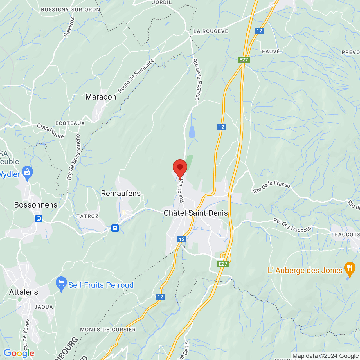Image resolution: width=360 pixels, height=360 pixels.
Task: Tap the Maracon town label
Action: tap(101, 97)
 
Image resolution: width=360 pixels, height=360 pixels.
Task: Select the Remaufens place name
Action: tap(121, 193)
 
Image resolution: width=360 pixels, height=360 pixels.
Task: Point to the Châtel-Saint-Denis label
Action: tap(196, 213)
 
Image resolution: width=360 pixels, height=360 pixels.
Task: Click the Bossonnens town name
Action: tap(36, 205)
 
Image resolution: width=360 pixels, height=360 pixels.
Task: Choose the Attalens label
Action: tap(24, 292)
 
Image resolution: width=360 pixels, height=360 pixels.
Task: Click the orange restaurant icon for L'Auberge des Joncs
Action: tap(349, 269)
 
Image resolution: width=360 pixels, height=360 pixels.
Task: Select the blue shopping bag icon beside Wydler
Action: tap(27, 173)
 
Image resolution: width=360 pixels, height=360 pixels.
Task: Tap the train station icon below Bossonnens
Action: tap(39, 219)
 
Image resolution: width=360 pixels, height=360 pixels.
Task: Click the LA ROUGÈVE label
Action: tap(211, 31)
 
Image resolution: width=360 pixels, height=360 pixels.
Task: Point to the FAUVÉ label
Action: tap(271, 51)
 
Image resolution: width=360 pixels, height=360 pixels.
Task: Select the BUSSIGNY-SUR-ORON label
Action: tap(70, 10)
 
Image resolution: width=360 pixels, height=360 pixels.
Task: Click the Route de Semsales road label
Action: tap(136, 75)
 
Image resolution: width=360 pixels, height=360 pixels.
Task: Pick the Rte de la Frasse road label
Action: tap(271, 187)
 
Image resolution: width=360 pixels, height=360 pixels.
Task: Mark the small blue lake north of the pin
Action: tap(192, 132)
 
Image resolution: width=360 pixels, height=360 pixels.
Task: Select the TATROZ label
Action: tap(87, 216)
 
